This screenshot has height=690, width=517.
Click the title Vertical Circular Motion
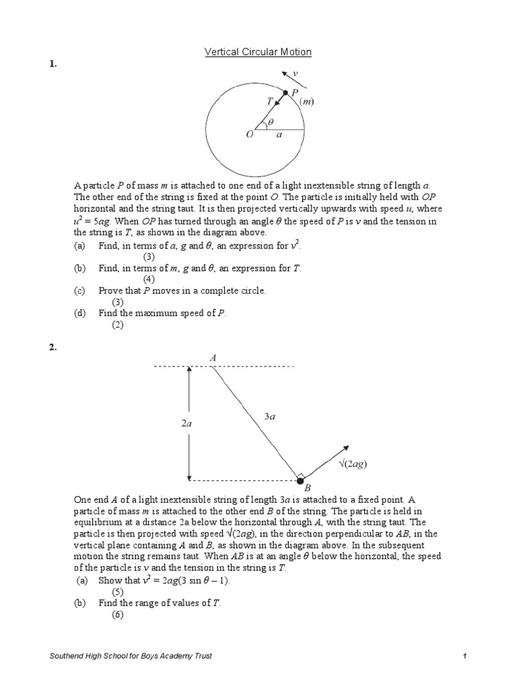point(258,52)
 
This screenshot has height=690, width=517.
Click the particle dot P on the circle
point(285,92)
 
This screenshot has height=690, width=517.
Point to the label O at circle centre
point(249,135)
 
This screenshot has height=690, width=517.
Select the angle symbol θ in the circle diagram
point(271,123)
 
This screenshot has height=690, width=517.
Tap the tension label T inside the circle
point(270,99)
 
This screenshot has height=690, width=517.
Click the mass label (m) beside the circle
point(307,102)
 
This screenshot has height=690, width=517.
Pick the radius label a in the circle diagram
point(279,135)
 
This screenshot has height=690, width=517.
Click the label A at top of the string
point(213,358)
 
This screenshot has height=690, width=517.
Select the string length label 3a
point(269,417)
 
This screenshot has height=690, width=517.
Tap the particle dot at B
point(300,480)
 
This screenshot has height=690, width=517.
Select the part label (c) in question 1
point(79,290)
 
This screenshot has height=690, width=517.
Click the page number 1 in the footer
point(465,656)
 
